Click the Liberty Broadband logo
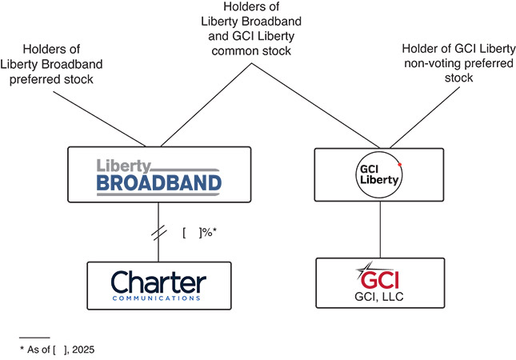(x=158, y=176)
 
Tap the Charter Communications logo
(x=158, y=286)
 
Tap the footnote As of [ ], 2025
(x=61, y=349)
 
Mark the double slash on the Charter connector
(x=158, y=233)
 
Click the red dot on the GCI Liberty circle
(x=398, y=162)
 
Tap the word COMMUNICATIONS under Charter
(x=158, y=298)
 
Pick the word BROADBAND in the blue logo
(x=158, y=184)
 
